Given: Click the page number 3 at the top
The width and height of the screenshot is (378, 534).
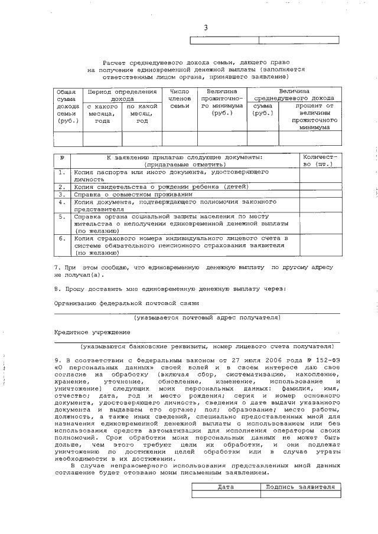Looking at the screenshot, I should (x=206, y=28).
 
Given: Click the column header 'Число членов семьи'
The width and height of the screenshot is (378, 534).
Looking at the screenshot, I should (x=180, y=99).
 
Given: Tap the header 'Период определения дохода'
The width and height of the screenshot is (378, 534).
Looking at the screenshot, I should (x=122, y=96).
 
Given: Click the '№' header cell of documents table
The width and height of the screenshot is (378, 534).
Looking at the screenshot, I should (x=62, y=158).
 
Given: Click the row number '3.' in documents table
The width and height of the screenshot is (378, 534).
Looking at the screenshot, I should (x=62, y=194).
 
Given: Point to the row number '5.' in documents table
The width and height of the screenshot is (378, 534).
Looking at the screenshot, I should (x=62, y=217).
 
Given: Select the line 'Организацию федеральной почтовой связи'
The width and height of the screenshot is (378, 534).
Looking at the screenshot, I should (x=126, y=303).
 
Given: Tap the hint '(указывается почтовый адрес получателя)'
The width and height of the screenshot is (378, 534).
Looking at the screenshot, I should (x=206, y=317).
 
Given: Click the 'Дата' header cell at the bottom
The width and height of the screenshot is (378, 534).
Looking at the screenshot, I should (x=226, y=487).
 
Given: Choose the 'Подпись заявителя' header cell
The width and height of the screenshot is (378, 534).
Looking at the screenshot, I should (x=301, y=487).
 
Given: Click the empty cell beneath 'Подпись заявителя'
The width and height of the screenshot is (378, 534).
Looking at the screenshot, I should (x=301, y=494).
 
